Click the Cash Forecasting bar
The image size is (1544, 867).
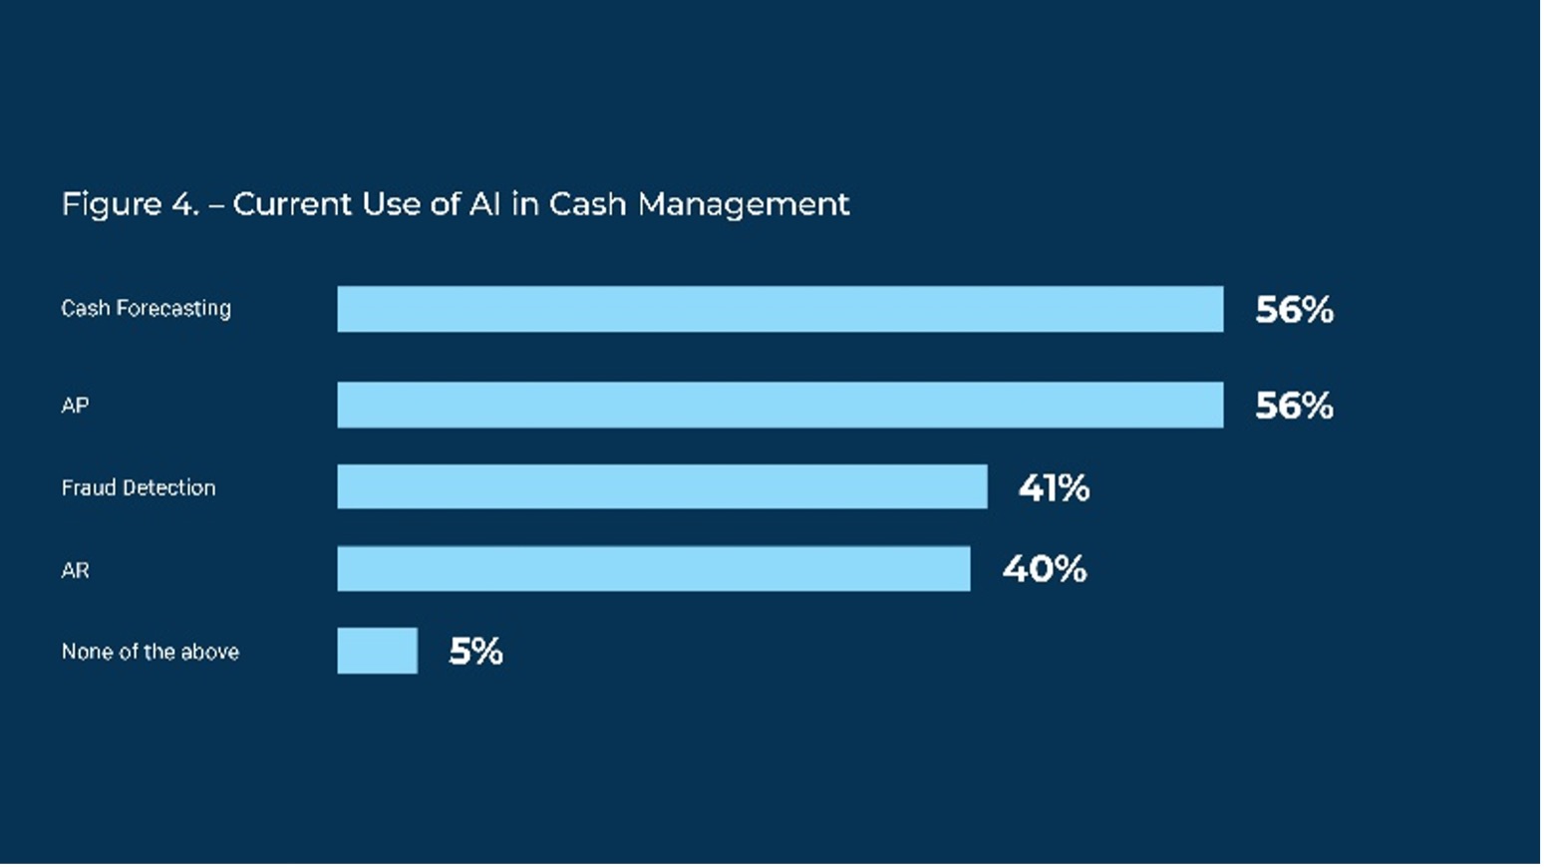(779, 309)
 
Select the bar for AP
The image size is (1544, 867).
(779, 405)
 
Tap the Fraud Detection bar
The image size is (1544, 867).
(662, 486)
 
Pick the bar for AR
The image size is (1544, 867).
(653, 568)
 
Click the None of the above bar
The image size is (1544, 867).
(377, 651)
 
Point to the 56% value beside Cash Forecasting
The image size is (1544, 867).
(1294, 310)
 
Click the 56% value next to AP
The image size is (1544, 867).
(1294, 406)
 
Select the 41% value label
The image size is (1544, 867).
(1054, 488)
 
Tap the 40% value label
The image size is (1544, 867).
(1044, 569)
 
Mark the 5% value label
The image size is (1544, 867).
(475, 652)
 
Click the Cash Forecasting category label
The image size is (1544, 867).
(146, 309)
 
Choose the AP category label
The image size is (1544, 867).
(75, 406)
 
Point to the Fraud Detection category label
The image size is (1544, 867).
(139, 488)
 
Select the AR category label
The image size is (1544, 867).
(75, 571)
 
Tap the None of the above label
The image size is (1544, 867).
(151, 652)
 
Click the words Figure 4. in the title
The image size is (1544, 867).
(130, 204)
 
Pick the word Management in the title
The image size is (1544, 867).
(744, 204)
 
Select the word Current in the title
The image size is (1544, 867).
(292, 204)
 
